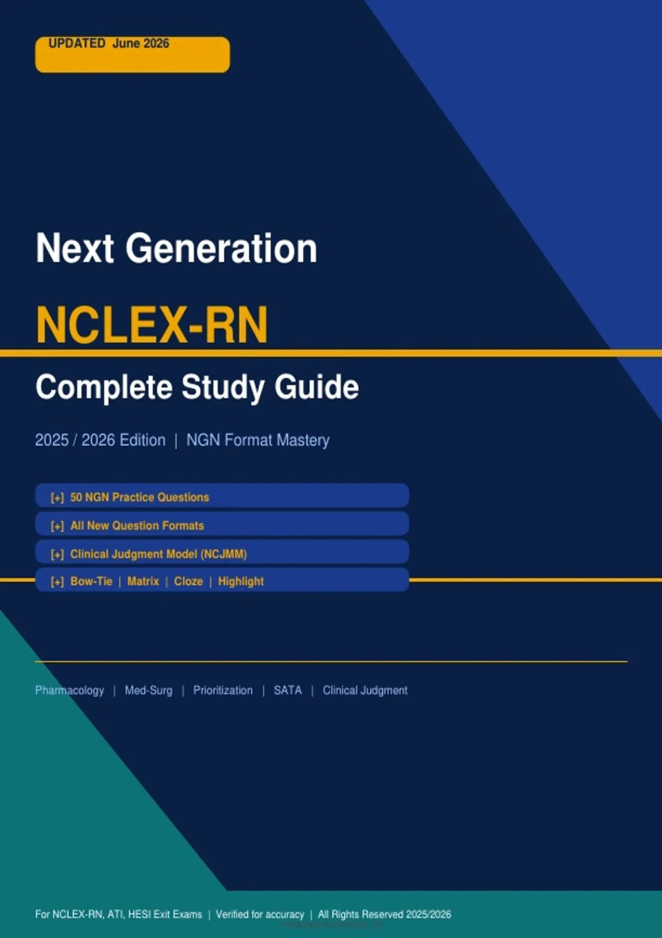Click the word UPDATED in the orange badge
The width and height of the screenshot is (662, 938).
[x=77, y=44]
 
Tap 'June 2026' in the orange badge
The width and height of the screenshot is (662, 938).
[x=141, y=44]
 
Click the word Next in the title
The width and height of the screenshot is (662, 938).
[x=74, y=248]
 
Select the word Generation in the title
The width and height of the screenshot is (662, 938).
[x=222, y=248]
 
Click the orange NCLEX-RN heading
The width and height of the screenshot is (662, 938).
[x=152, y=325]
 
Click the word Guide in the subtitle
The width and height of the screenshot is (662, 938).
[x=317, y=386]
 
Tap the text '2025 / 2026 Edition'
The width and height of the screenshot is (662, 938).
[x=100, y=440]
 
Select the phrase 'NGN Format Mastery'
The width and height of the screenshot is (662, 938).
[x=258, y=440]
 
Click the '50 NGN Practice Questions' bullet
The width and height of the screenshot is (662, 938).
[x=140, y=498]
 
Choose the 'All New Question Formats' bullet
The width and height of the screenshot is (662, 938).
[x=137, y=525]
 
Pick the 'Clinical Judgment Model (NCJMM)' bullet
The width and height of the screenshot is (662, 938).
[x=158, y=555]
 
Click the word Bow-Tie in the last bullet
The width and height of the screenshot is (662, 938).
[x=91, y=581]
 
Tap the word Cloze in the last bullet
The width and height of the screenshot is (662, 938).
[x=189, y=581]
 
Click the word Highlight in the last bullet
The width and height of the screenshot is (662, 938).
[x=241, y=582]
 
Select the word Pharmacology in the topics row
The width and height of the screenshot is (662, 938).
[x=70, y=690]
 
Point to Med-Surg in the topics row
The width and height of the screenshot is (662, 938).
[x=148, y=690]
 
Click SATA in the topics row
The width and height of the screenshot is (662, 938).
[x=287, y=690]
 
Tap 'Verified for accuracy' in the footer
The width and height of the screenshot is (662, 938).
[x=260, y=915]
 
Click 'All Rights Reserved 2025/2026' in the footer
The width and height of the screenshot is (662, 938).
[x=385, y=915]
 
